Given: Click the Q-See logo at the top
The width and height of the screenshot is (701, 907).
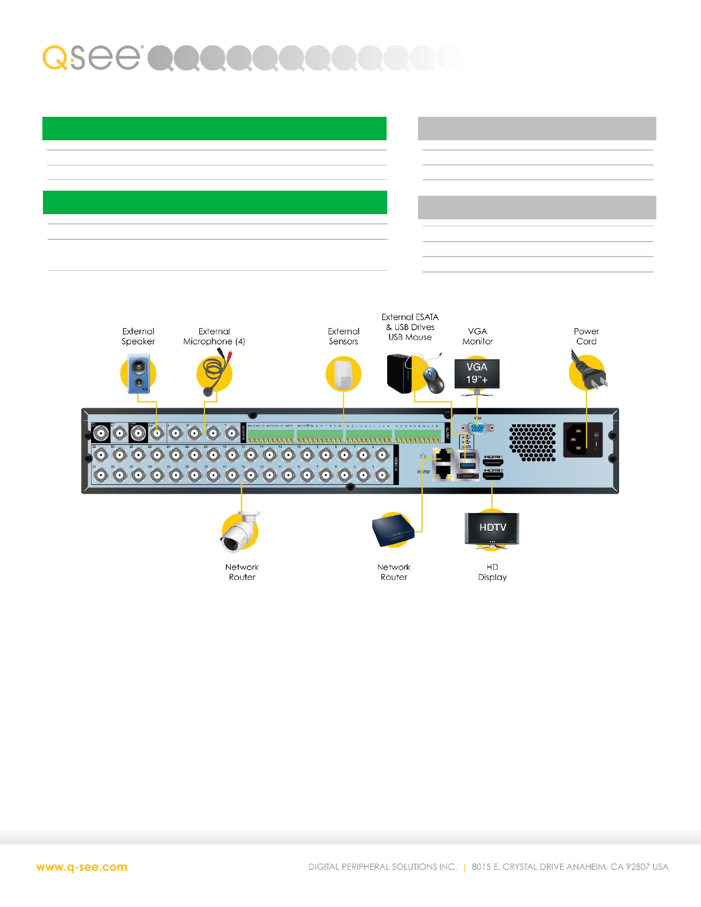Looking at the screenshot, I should tap(92, 57).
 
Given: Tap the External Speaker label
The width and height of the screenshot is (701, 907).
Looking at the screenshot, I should tap(138, 336).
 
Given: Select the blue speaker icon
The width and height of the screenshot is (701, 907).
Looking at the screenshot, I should tap(139, 373).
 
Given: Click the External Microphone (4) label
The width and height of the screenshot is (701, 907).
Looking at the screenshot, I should tap(214, 336).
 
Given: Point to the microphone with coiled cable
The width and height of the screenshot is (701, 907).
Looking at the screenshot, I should tap(214, 374).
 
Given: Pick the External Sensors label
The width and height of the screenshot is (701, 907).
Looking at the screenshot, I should tap(344, 336).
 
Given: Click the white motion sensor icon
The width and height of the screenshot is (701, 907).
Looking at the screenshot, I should tap(344, 373).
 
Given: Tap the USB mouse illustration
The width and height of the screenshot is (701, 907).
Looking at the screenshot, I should tap(434, 380).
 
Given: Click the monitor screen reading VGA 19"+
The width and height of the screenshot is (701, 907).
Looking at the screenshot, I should tap(476, 373).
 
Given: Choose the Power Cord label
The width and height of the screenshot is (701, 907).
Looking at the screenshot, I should tap(586, 336).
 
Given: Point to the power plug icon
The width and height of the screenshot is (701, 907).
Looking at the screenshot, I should tap(588, 373).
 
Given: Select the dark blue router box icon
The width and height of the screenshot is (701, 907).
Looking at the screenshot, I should tap(393, 531).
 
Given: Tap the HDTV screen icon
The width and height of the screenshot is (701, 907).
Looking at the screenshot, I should tap(492, 527).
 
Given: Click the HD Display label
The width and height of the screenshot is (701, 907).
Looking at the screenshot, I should tap(493, 572).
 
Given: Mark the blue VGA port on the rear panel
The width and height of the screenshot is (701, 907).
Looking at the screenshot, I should tap(476, 428).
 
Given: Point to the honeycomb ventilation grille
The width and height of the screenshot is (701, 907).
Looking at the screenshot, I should tap(533, 442).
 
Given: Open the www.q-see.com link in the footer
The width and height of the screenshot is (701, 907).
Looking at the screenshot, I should tap(82, 867).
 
